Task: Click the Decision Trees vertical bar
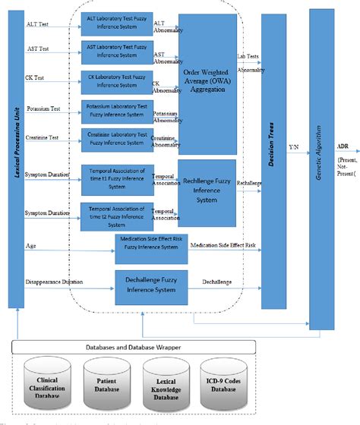(273, 159)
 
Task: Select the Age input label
(30, 245)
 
